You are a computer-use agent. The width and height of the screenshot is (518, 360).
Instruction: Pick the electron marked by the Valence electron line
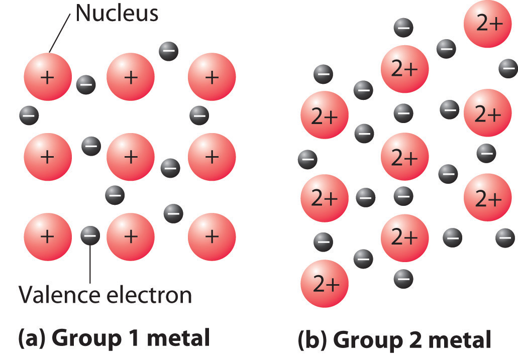[x=90, y=234]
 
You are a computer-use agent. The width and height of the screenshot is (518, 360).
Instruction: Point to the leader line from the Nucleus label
[x=60, y=32]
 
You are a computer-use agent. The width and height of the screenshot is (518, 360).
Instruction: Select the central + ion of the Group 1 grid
[x=130, y=157]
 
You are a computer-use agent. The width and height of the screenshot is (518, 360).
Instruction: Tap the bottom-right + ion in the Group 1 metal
[x=212, y=235]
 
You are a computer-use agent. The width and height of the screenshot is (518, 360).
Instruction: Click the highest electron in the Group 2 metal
[x=403, y=27]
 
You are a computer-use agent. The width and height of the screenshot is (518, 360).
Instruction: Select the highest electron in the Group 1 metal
[x=168, y=50]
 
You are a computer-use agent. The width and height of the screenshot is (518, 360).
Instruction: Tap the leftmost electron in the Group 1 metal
[x=29, y=116]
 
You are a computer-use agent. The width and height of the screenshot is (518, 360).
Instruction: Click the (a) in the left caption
[x=33, y=339]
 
